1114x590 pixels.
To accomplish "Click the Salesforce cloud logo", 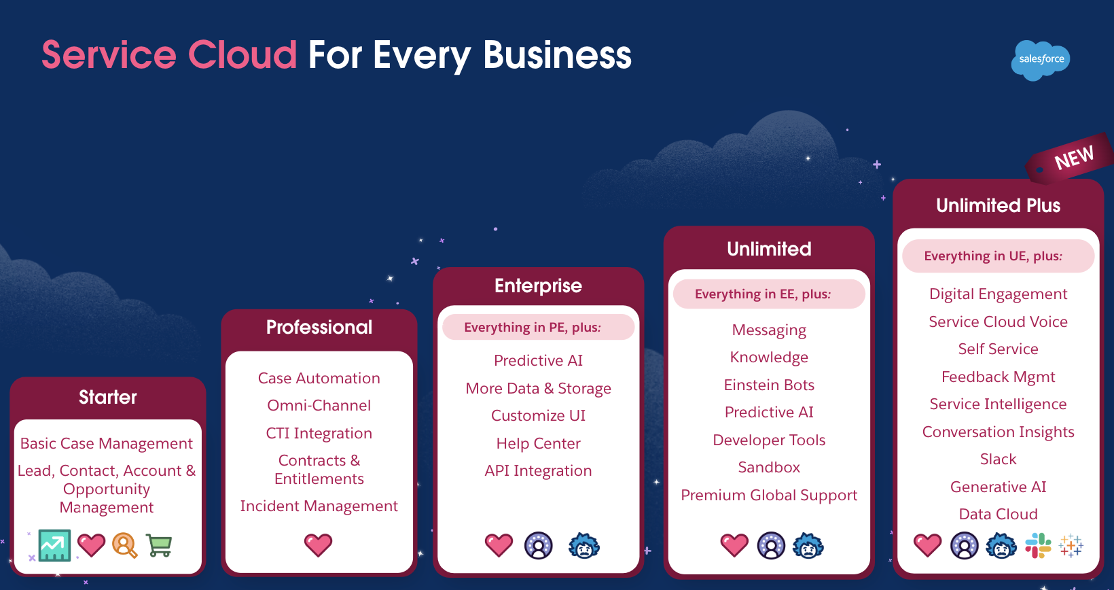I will pos(1041,60).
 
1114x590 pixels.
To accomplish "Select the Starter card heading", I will pos(107,397).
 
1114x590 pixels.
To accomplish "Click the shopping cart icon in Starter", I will pos(159,545).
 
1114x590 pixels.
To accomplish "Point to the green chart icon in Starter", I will pos(54,545).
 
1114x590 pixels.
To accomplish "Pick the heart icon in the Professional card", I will pos(318,544).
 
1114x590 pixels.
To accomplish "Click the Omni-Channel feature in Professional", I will pos(319,405).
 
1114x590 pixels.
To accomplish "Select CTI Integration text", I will pos(319,433).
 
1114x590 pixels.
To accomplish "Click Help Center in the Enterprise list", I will pos(538,443).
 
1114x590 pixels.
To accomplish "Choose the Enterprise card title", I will pos(538,285).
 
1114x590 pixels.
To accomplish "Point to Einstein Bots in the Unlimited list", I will pos(769,385).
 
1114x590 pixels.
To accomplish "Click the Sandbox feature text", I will pos(769,467).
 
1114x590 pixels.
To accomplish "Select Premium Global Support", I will pos(769,495).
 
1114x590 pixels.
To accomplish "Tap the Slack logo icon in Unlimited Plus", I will pos(1038,545).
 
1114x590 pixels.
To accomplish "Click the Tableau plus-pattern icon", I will pos(1071,545).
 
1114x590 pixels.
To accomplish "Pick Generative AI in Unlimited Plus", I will pos(998,487).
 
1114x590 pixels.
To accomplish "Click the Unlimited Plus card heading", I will pos(998,205).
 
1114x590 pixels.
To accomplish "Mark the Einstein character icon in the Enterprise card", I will pos(584,545).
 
